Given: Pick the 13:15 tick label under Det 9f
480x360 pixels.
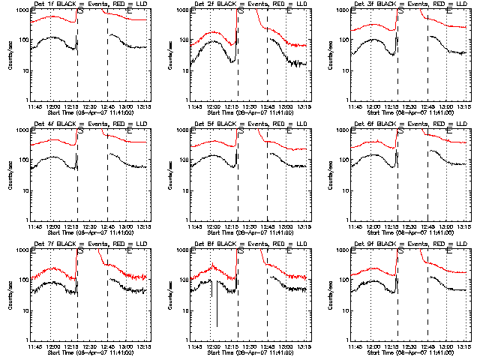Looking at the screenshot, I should coord(463,346).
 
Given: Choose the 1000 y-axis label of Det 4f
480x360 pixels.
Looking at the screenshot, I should coord(22,130).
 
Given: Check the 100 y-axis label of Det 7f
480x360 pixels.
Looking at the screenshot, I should coord(23,280).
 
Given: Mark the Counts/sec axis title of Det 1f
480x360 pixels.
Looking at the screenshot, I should coord(9,55).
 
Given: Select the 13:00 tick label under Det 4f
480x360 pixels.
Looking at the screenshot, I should coord(126,226).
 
